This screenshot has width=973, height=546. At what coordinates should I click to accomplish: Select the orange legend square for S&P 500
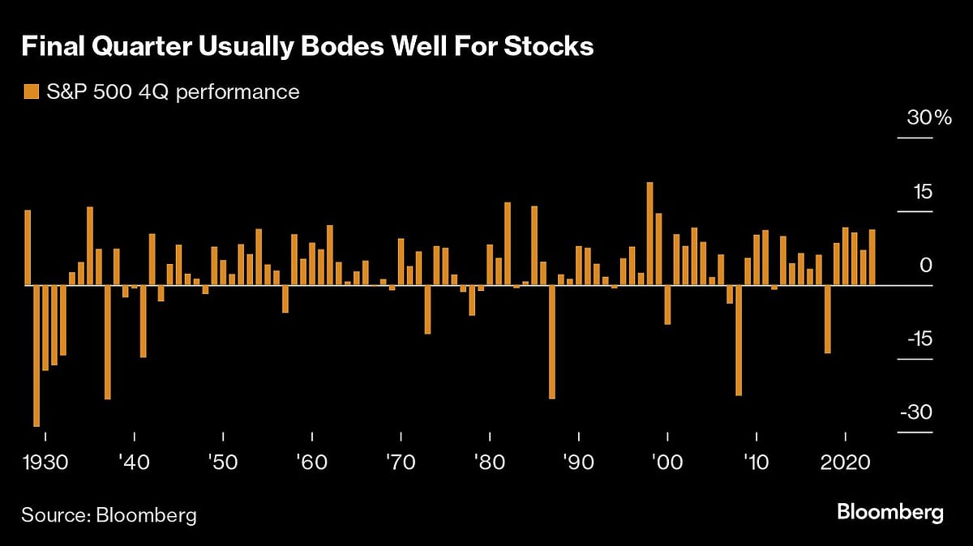(32, 92)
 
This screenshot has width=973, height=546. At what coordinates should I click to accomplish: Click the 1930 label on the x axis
(45, 463)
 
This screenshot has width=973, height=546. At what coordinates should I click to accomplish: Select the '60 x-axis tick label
(311, 463)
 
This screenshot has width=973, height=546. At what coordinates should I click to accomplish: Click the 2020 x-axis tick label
(846, 463)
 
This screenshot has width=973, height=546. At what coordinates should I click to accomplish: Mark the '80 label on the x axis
(489, 463)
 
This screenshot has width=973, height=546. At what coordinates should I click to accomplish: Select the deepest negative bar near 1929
(36, 355)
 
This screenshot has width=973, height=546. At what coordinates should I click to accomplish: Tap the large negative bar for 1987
(552, 341)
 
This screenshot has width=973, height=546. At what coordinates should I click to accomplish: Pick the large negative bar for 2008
(739, 339)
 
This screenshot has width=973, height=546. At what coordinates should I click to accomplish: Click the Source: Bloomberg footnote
(109, 515)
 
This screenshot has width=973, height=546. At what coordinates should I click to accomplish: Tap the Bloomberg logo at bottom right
(890, 512)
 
